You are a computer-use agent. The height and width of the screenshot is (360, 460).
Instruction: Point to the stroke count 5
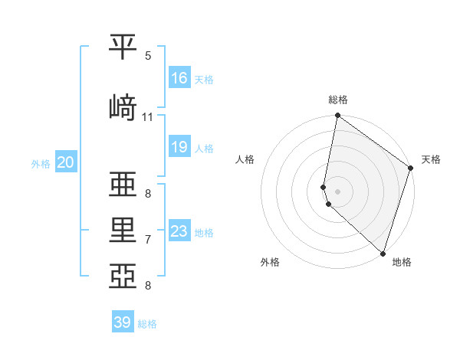pyautogui.click(x=148, y=56)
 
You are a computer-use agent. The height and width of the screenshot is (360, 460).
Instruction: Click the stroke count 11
pyautogui.click(x=148, y=117)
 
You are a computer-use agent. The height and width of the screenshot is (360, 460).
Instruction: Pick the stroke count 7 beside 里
pyautogui.click(x=148, y=240)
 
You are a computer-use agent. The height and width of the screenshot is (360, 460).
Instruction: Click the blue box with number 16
pyautogui.click(x=179, y=77)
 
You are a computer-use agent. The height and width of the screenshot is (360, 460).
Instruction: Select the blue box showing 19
pyautogui.click(x=179, y=146)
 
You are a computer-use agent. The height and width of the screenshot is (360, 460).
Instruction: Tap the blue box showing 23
pyautogui.click(x=179, y=231)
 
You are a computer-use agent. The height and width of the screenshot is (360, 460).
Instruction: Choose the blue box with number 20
pyautogui.click(x=65, y=162)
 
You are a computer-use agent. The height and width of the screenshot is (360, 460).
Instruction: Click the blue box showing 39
pyautogui.click(x=123, y=322)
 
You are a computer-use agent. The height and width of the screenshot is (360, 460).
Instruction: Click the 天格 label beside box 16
pyautogui.click(x=204, y=79)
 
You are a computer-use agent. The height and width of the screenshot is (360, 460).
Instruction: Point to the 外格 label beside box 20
pyautogui.click(x=41, y=163)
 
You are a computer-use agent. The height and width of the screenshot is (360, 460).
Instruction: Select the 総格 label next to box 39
pyautogui.click(x=147, y=324)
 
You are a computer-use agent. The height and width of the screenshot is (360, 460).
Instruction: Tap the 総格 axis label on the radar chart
pyautogui.click(x=338, y=100)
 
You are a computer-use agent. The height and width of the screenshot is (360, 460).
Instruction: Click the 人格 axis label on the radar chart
pyautogui.click(x=245, y=159)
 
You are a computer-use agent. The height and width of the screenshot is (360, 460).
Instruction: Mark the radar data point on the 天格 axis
pyautogui.click(x=411, y=169)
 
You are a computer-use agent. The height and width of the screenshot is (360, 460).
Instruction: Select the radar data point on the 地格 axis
pyautogui.click(x=383, y=253)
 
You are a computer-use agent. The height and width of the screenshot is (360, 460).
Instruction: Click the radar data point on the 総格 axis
pyautogui.click(x=338, y=116)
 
